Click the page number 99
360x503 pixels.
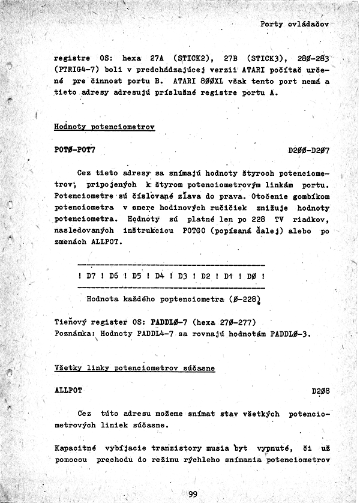pos(193,494)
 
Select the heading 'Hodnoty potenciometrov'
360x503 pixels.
pos(104,127)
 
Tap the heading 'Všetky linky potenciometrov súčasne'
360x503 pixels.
pos(134,368)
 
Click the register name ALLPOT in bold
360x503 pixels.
pos(68,390)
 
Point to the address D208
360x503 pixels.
pos(320,391)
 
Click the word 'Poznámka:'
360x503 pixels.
pos(75,333)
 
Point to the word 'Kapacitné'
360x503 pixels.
pos(76,448)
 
